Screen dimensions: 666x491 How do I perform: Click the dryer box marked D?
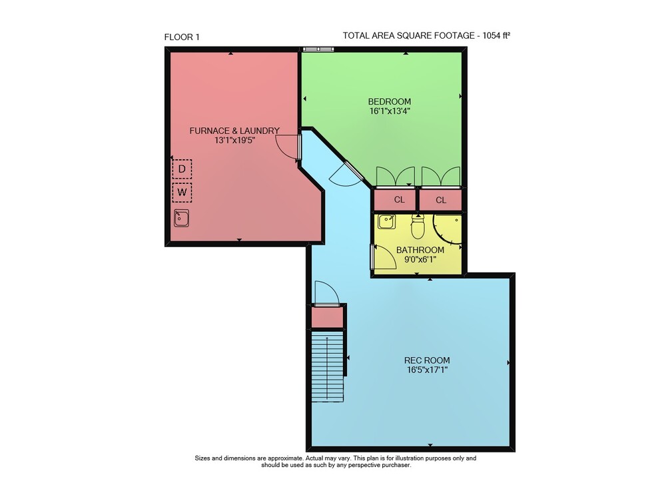click(182, 169)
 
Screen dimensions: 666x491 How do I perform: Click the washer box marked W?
click(182, 193)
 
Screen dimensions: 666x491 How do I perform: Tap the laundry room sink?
click(181, 219)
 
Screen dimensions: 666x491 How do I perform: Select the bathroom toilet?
click(418, 227)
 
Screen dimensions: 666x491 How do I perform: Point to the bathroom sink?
click(386, 222)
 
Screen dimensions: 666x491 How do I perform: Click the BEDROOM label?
click(390, 101)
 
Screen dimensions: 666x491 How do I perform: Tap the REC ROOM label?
click(427, 360)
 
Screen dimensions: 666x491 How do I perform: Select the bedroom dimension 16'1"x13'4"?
click(390, 111)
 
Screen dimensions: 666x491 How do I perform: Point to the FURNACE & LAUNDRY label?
click(234, 131)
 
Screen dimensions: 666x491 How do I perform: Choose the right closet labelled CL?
click(441, 200)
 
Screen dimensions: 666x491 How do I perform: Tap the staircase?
click(328, 366)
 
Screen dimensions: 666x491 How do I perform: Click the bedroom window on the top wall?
click(318, 49)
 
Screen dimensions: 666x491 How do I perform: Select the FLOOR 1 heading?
click(182, 37)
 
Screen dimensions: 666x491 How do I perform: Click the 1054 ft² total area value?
click(496, 36)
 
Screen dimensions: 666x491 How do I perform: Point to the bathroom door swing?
click(384, 257)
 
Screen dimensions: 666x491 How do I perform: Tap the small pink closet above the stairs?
click(328, 318)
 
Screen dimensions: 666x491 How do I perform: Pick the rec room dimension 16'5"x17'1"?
click(427, 370)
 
